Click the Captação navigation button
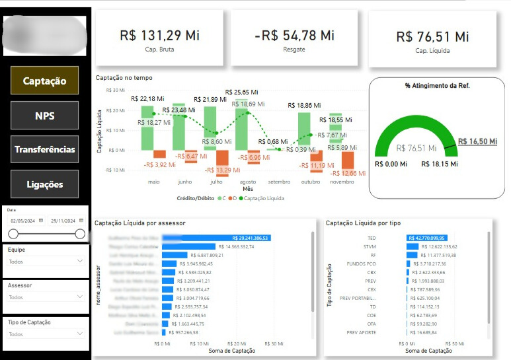point(44,81)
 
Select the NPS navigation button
point(44,116)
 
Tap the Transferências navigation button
point(44,149)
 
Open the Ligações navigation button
point(44,184)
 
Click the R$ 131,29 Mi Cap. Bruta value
point(160,36)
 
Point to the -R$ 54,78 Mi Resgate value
point(294,36)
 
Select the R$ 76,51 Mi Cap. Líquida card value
point(432,37)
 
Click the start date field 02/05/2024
point(23,220)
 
